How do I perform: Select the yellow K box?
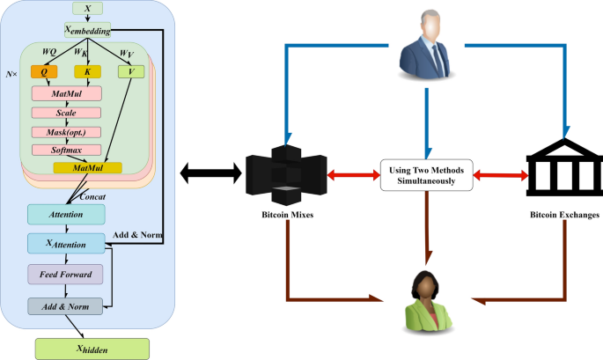pyautogui.click(x=87, y=72)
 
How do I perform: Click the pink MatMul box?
pyautogui.click(x=66, y=93)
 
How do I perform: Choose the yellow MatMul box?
pyautogui.click(x=87, y=167)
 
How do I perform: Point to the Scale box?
pyautogui.click(x=66, y=113)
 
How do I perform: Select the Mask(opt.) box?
pyautogui.click(x=66, y=131)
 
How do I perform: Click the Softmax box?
pyautogui.click(x=66, y=150)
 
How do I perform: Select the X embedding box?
pyautogui.click(x=86, y=31)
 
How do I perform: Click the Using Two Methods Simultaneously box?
pyautogui.click(x=426, y=174)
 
